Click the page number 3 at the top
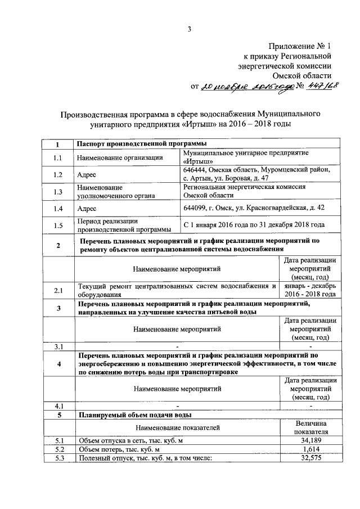tap(190, 30)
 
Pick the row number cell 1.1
tap(57, 158)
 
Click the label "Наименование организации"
tap(120, 158)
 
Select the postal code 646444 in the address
tap(195, 169)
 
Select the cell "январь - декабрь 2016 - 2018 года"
tap(310, 290)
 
